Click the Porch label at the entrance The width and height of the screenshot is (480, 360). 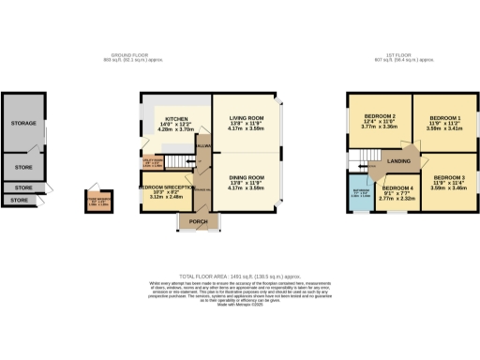point(199,222)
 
